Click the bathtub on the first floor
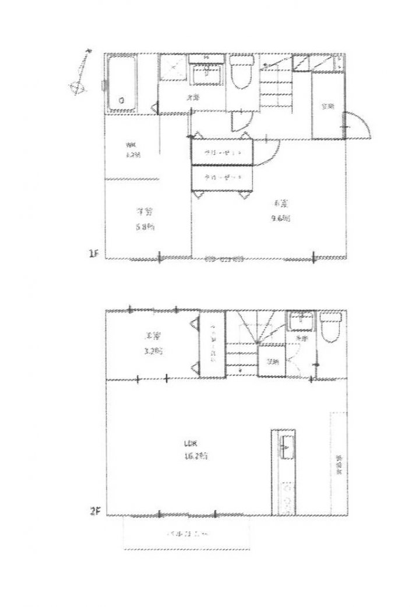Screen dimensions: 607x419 coord(121,85)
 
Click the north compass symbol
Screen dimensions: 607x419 coord(80,74)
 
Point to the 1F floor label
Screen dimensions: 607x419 coord(93,254)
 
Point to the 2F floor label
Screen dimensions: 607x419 coord(96,512)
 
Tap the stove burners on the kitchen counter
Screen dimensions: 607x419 coord(286,496)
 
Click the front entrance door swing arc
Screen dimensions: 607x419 coord(357,123)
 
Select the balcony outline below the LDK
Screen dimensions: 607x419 coord(186,534)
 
